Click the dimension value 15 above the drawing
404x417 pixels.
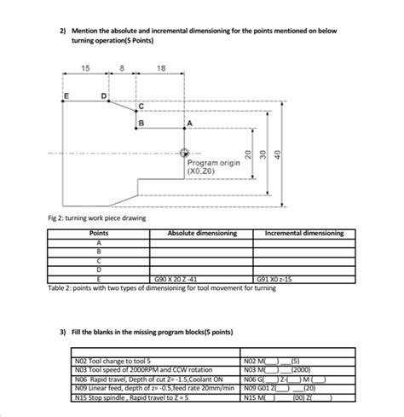(x=85, y=68)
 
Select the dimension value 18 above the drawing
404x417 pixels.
(x=161, y=68)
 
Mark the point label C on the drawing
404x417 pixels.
(x=141, y=106)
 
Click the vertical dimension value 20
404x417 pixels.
(x=248, y=153)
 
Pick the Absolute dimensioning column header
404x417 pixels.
(x=201, y=233)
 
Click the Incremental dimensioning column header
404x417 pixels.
(x=304, y=233)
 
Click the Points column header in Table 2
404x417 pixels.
(x=99, y=233)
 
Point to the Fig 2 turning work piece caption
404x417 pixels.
(x=96, y=218)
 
